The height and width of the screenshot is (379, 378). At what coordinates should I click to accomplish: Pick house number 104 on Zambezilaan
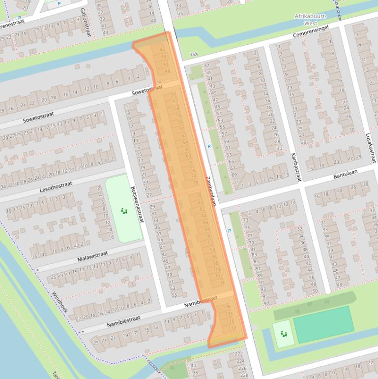tap(220, 282)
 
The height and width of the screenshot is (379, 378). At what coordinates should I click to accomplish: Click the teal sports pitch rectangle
tap(323, 324)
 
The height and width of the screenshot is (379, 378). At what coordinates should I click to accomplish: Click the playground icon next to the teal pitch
tap(284, 334)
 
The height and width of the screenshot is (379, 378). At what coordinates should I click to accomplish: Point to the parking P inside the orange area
tap(160, 83)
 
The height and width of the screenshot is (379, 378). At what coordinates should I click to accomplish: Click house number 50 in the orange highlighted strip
tap(173, 95)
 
